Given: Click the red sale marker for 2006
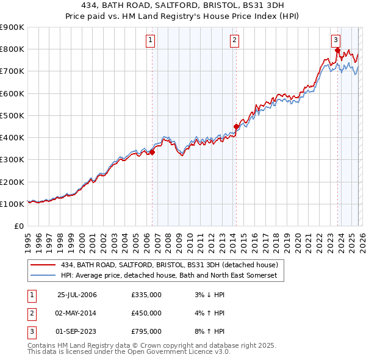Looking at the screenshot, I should click(x=152, y=153).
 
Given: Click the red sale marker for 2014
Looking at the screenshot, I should click(x=235, y=127).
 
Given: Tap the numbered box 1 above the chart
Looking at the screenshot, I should click(x=151, y=41).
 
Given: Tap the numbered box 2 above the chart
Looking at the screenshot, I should click(x=234, y=41).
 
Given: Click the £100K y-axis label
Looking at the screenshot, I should click(x=12, y=204).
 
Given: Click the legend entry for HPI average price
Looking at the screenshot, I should click(x=169, y=276).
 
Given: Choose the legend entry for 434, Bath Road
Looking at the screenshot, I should click(x=169, y=265).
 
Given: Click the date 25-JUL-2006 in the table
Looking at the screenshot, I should click(x=77, y=295).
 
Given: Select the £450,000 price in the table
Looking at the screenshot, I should click(x=146, y=313).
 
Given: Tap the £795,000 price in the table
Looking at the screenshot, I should click(x=146, y=331).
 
